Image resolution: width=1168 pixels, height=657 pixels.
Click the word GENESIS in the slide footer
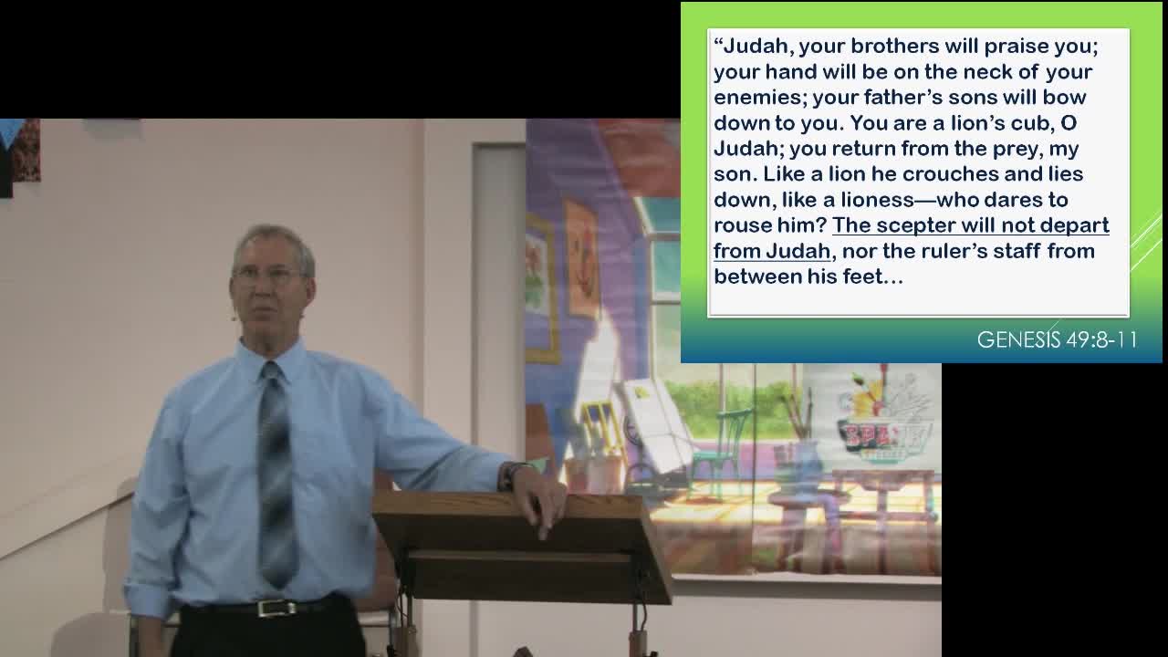1018,339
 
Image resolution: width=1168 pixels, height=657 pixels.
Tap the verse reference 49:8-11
1101,339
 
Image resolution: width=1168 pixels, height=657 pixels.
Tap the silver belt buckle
276,609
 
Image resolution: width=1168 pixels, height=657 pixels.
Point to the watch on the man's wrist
507,476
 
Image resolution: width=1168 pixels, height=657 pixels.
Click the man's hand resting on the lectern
537,498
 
